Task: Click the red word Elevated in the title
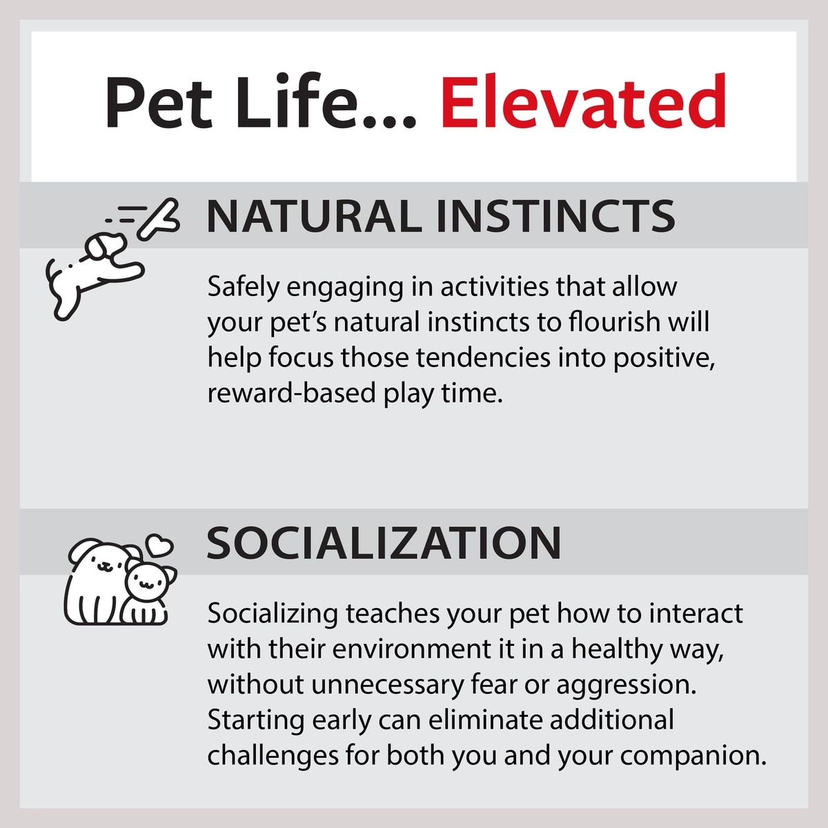coord(583,103)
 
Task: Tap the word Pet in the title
coord(159,103)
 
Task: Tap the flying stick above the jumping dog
coord(158,218)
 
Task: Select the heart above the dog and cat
coord(159,544)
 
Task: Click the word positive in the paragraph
coord(663,359)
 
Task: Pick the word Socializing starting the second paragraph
coord(273,614)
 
